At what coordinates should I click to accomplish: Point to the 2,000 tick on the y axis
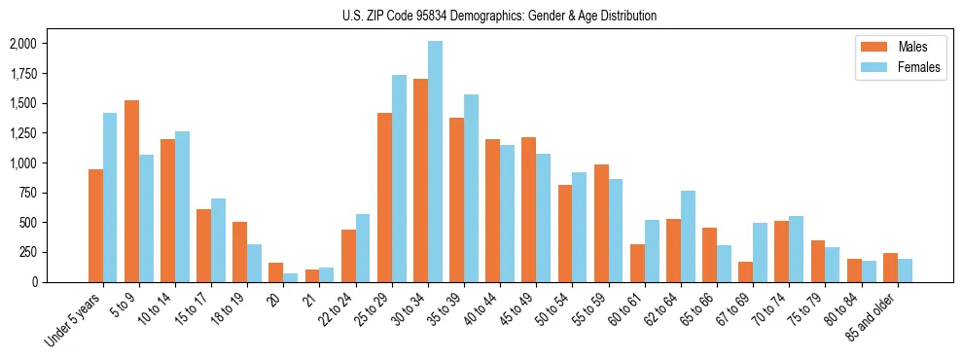point(22,44)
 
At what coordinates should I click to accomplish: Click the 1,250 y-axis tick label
point(22,133)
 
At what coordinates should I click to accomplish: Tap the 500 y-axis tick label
point(28,222)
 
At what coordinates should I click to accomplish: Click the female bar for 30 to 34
point(435,162)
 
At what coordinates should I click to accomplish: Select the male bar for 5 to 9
point(131,192)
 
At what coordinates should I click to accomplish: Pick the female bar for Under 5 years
point(110,198)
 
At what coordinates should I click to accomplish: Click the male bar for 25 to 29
point(384,198)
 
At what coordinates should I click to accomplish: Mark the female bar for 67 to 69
point(761,253)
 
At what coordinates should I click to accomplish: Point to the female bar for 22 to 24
point(363,248)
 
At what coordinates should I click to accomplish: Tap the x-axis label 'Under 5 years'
point(74,322)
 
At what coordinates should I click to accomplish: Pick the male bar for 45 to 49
point(528,210)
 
